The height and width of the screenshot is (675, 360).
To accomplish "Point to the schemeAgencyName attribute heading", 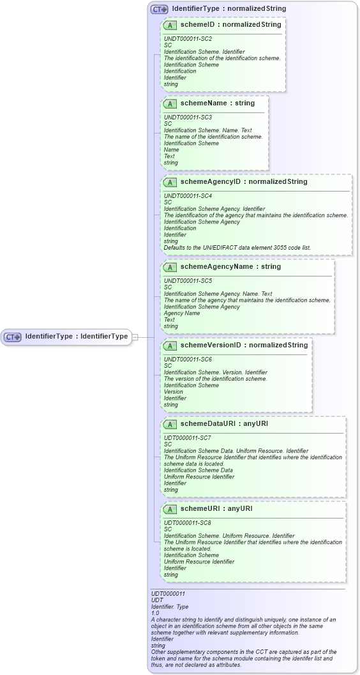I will (x=230, y=267).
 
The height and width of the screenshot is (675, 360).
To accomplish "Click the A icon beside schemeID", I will (x=170, y=25).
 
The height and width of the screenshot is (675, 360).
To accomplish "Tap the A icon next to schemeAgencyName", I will (x=170, y=267).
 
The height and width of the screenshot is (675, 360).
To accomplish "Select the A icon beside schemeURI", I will (x=170, y=509).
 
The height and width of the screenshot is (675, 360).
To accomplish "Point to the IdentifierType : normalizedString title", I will (x=229, y=9).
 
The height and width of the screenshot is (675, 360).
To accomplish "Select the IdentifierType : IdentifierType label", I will (x=77, y=337).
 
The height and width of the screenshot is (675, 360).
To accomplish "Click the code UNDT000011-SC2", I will (x=188, y=39).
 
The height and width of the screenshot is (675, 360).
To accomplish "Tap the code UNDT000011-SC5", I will (x=188, y=281).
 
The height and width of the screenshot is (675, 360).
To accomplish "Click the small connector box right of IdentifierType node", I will (x=135, y=337).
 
